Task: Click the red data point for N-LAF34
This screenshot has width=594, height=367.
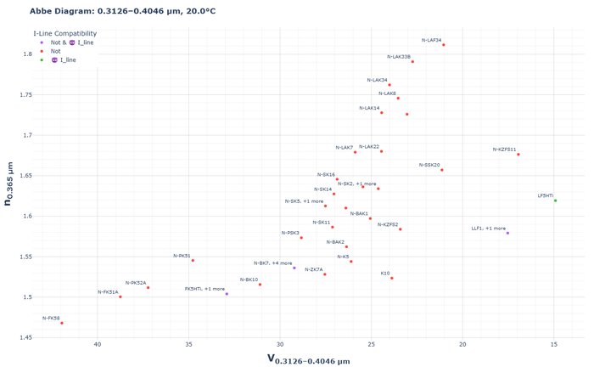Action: click(x=444, y=45)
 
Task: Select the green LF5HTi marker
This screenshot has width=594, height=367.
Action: click(x=555, y=200)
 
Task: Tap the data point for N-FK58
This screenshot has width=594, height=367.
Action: click(x=62, y=323)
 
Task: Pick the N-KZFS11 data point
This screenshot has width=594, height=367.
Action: click(x=518, y=154)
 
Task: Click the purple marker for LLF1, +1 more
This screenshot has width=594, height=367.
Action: click(x=507, y=233)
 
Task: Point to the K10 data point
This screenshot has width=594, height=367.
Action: click(x=391, y=278)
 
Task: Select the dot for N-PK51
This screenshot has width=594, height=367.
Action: click(x=193, y=260)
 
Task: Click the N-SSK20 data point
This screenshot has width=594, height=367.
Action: click(x=442, y=170)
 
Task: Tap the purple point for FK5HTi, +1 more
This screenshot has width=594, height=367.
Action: click(x=227, y=294)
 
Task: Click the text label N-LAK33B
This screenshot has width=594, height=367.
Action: click(x=398, y=57)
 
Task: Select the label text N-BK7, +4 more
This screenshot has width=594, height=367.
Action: click(x=272, y=263)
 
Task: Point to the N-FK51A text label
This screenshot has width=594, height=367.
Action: click(x=108, y=291)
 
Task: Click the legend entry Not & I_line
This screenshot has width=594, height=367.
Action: click(x=72, y=42)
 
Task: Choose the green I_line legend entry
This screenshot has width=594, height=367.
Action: click(x=68, y=60)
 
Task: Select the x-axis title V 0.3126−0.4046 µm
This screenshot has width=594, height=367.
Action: click(x=308, y=359)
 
